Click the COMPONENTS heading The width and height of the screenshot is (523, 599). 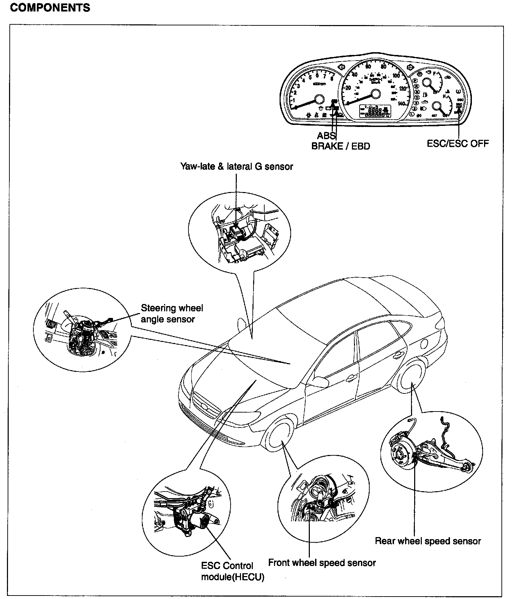coord(50,8)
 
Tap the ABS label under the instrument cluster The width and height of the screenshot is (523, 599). coord(325,136)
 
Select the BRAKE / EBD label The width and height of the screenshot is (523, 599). coord(340,146)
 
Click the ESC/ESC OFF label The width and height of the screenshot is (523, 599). coord(458,143)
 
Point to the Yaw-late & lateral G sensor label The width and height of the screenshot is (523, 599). coord(236,166)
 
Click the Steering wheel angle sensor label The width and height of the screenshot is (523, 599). coord(172,314)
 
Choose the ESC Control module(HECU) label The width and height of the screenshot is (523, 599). coord(232,571)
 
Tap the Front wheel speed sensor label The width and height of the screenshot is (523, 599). coord(322,562)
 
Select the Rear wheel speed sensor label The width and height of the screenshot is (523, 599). coord(428,541)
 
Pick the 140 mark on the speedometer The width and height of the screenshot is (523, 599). coord(402,103)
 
